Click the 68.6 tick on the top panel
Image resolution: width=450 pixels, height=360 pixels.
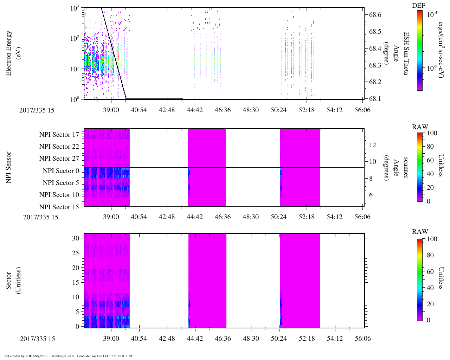point(375,15)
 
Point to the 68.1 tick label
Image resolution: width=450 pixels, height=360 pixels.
point(375,99)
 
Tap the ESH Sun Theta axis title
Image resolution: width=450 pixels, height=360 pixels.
point(406,53)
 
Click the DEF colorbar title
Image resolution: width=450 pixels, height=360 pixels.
point(418,6)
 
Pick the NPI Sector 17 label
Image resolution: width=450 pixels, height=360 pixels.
point(59,134)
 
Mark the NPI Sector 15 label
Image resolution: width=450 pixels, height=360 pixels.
point(59,207)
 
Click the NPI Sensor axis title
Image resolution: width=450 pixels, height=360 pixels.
point(9,167)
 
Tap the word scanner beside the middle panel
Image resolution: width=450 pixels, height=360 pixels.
point(406,168)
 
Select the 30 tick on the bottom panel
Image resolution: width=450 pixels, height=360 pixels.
point(76,238)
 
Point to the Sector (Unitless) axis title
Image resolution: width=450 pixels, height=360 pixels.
point(13,281)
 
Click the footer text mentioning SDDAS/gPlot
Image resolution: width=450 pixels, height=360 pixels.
point(68,356)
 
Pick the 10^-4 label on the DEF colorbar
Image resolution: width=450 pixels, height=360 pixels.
point(432,15)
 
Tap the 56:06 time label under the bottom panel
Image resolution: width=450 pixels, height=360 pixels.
point(362,338)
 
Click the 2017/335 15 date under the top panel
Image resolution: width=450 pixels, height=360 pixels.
point(37,110)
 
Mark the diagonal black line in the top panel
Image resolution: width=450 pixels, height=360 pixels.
point(114,53)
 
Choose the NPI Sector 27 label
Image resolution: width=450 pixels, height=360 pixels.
point(59,159)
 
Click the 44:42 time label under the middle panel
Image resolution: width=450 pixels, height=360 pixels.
point(195,217)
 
